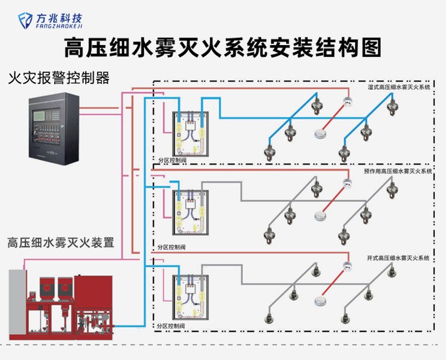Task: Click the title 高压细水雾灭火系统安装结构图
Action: click(222, 48)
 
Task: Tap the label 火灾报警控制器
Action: click(59, 78)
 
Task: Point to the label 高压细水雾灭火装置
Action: click(60, 242)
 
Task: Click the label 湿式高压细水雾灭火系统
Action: click(398, 87)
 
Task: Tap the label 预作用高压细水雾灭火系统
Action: click(397, 171)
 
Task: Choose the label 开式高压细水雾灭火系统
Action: click(398, 258)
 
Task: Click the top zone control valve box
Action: click(190, 131)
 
